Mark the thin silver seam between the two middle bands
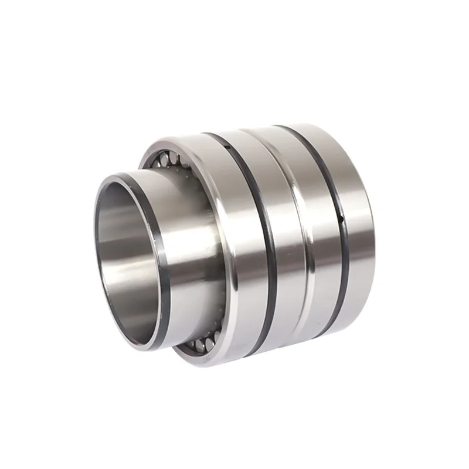point(300,235)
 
